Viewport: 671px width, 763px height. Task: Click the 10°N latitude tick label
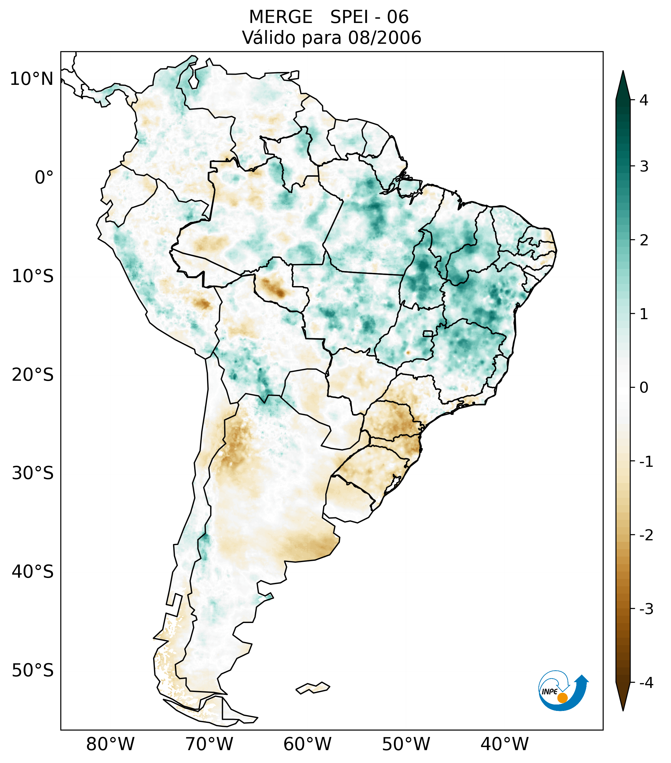point(32,79)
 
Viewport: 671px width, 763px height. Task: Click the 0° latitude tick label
point(44,178)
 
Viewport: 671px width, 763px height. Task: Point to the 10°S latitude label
point(33,276)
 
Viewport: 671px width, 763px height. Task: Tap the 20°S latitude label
point(33,375)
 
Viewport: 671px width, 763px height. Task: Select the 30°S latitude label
point(33,473)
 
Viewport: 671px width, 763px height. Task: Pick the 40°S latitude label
point(33,572)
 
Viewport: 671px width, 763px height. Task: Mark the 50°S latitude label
point(33,671)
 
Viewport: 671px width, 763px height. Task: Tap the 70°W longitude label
point(209,744)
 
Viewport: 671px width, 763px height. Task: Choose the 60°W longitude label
point(307,744)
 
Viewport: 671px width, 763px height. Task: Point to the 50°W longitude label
point(406,744)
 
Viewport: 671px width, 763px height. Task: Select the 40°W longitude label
point(505,744)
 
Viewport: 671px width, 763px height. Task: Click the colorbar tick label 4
point(643,100)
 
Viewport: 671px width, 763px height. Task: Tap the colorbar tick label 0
point(643,388)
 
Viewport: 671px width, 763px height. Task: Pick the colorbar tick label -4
point(646,683)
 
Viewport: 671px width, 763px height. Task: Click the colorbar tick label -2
point(646,535)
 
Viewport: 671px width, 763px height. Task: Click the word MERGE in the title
point(281,17)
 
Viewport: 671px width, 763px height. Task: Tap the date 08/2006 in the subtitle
point(384,38)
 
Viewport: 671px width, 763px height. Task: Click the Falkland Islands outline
point(313,688)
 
